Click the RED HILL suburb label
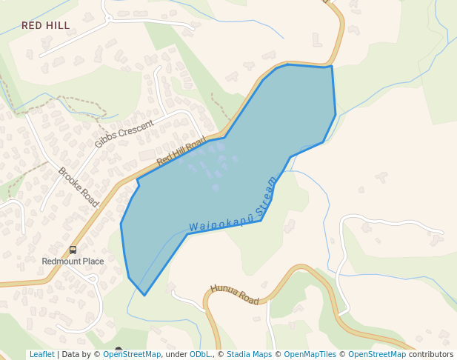[45, 26]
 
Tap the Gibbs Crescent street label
[124, 133]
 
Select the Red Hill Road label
[181, 152]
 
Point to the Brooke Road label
[79, 187]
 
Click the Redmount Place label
[73, 261]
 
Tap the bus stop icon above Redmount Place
[73, 250]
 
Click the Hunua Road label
[235, 295]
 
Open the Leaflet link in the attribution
[41, 355]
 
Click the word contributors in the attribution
[431, 355]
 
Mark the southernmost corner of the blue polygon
[144, 295]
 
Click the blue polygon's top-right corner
[331, 67]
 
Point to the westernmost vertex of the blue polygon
[121, 223]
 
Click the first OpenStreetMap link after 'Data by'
[132, 355]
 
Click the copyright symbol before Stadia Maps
[221, 355]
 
